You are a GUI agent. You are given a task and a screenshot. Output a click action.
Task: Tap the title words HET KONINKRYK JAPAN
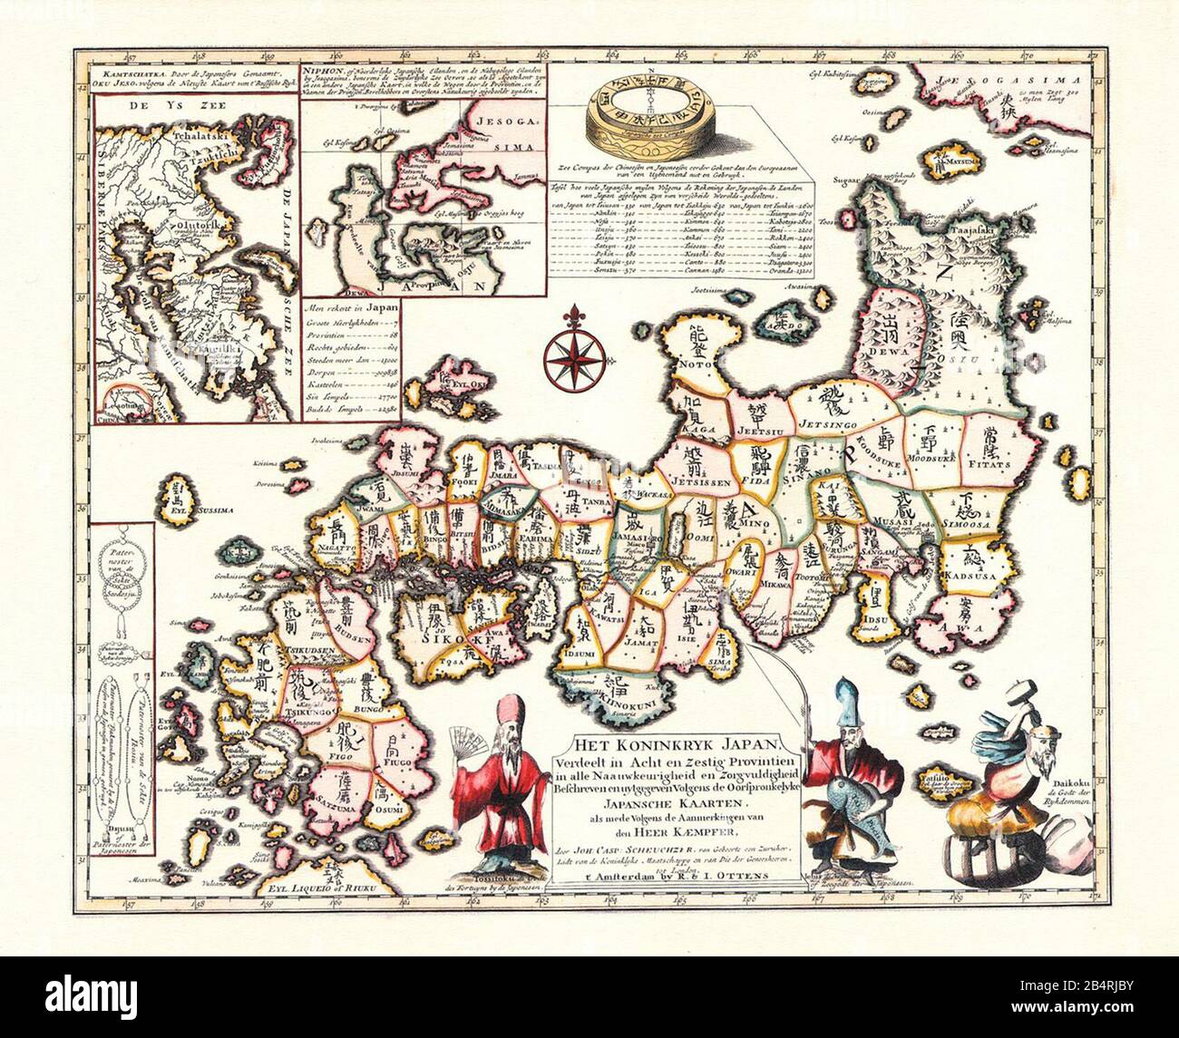648,740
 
